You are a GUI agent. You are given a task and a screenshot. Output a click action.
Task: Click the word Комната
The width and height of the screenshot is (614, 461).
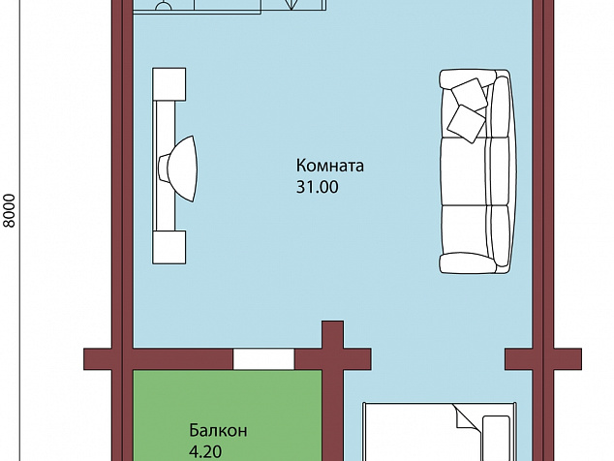click(329, 166)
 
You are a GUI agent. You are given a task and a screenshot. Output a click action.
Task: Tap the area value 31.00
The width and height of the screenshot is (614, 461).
click(318, 187)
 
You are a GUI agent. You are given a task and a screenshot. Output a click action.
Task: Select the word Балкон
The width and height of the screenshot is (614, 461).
click(218, 430)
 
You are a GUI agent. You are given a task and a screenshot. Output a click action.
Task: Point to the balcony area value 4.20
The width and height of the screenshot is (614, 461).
click(205, 452)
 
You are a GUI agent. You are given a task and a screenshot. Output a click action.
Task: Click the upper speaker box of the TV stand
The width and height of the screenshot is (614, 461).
click(169, 84)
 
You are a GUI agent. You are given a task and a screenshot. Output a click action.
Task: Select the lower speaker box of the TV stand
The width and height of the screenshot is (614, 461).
click(169, 247)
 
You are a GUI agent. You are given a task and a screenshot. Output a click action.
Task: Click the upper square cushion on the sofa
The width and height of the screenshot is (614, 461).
click(470, 94)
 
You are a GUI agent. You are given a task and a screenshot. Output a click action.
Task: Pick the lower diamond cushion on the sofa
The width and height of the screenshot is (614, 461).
click(466, 123)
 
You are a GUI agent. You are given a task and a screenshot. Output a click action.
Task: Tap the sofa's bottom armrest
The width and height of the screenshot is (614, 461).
click(474, 263)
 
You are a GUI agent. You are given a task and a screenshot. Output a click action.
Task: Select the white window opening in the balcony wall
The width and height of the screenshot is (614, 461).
click(264, 358)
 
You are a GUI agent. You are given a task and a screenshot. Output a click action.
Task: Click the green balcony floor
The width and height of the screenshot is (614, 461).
click(228, 415)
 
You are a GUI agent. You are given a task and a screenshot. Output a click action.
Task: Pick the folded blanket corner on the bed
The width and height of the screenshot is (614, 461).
click(468, 418)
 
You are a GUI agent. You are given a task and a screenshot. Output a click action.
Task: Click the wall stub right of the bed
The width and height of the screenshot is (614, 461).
click(542, 359)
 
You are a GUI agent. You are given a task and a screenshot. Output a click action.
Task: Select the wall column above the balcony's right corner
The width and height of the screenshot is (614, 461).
click(333, 334)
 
